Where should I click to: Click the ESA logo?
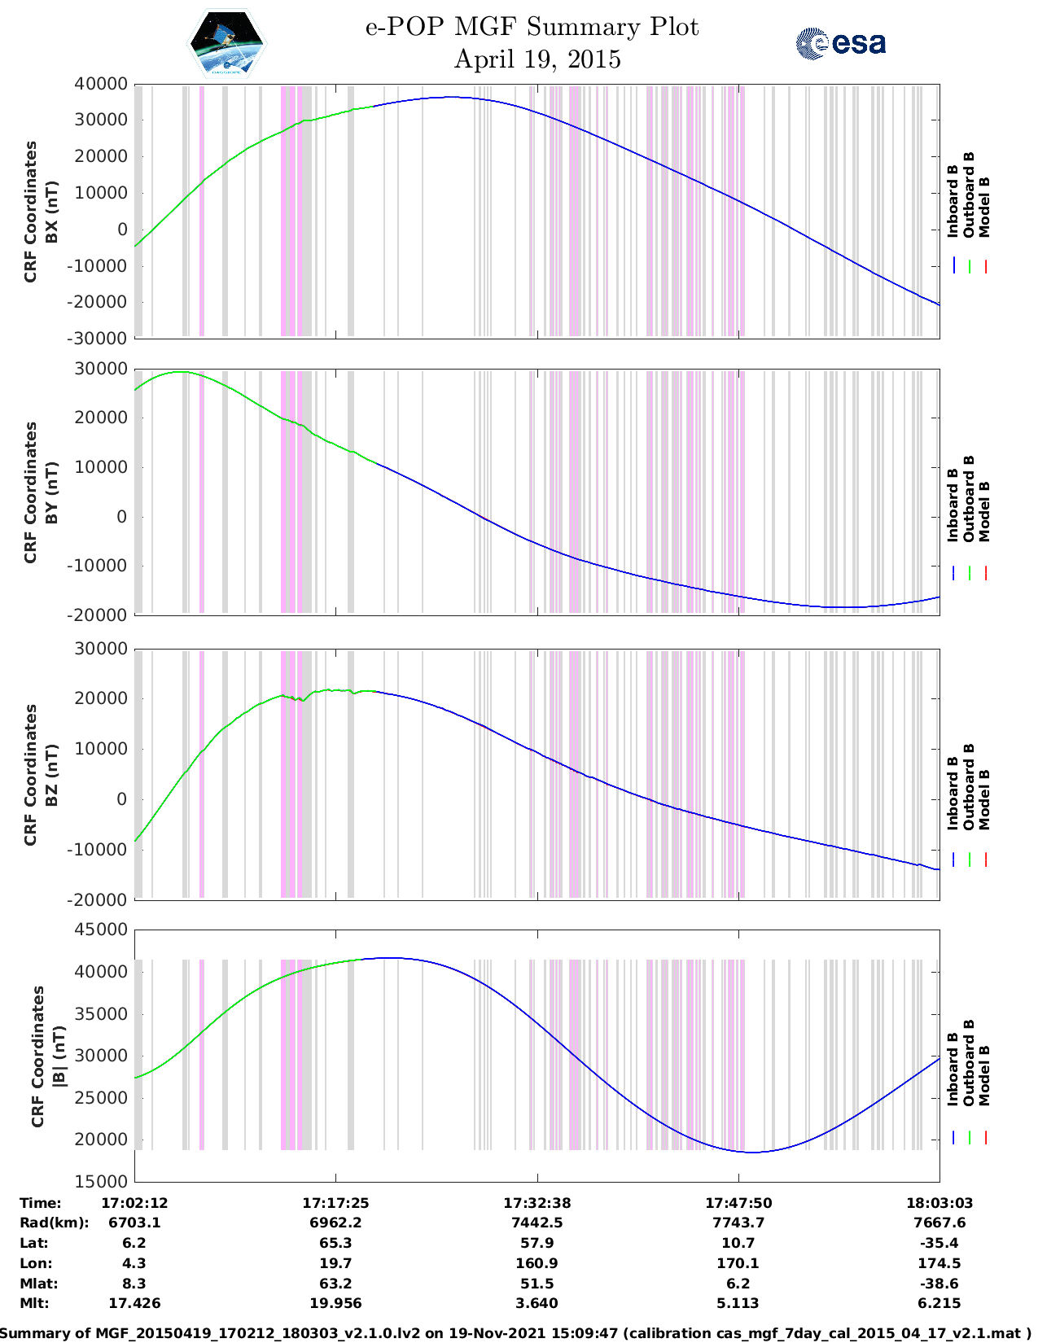[x=840, y=43]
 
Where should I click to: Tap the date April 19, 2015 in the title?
[x=537, y=59]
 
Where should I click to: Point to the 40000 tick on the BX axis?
[x=101, y=84]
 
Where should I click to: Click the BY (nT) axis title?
[x=51, y=492]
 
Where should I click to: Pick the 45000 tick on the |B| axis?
[x=101, y=930]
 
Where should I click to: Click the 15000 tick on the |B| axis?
[x=101, y=1181]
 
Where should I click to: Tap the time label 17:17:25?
[x=335, y=1203]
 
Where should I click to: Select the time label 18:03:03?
[x=939, y=1203]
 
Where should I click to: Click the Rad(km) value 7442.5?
[x=537, y=1223]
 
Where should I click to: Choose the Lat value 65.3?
[x=335, y=1243]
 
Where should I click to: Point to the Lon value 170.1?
[x=738, y=1263]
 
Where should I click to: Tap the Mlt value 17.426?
[x=134, y=1303]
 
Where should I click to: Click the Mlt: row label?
[x=34, y=1303]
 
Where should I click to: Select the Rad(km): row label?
[x=55, y=1223]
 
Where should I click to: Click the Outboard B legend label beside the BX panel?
[x=969, y=195]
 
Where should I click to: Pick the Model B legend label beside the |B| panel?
[x=984, y=1075]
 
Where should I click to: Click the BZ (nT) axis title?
[x=51, y=775]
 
